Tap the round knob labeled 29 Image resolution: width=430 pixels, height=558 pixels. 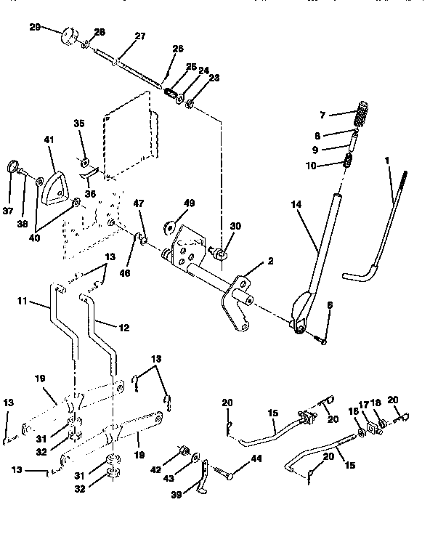[x=69, y=36]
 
